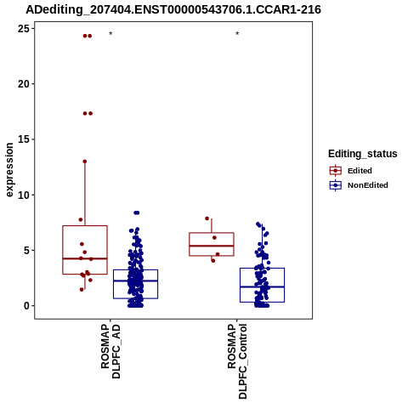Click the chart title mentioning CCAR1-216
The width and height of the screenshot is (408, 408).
(x=173, y=10)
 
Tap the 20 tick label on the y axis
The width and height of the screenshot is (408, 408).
(x=23, y=84)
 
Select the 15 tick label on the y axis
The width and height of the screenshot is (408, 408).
(x=23, y=139)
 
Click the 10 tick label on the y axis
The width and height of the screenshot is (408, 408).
(x=23, y=195)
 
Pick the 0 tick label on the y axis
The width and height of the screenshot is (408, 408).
(x=26, y=306)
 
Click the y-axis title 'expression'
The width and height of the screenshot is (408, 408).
(x=9, y=170)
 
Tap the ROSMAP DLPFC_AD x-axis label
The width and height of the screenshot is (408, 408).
(x=110, y=352)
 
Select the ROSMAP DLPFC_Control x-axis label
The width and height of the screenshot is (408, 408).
(x=237, y=361)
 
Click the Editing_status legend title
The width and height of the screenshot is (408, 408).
(x=363, y=154)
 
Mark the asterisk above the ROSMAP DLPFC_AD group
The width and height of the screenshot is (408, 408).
(x=110, y=34)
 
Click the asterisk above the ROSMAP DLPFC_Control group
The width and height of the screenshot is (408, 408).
(x=237, y=34)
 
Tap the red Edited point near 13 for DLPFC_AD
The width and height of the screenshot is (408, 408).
(x=85, y=161)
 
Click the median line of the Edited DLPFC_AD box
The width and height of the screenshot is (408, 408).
(x=85, y=258)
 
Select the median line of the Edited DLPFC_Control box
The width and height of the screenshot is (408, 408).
(x=212, y=246)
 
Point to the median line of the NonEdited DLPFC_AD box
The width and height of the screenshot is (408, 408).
(x=135, y=280)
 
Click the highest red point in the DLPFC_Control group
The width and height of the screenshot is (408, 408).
(x=207, y=218)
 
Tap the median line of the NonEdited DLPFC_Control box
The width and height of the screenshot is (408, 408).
(x=262, y=287)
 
